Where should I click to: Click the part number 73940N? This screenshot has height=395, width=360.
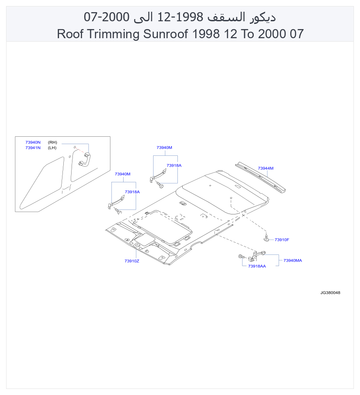tap(33, 142)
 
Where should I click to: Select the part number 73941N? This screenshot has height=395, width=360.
tap(33, 148)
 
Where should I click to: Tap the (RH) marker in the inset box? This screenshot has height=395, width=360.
tap(52, 142)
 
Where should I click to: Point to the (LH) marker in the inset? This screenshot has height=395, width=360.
tap(52, 148)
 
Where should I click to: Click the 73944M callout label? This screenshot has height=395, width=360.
tap(265, 168)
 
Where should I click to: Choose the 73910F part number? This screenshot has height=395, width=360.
tap(281, 240)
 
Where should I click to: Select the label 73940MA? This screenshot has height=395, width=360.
tap(292, 260)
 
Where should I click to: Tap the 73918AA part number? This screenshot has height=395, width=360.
tap(257, 266)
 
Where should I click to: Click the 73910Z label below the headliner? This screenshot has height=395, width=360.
tap(132, 261)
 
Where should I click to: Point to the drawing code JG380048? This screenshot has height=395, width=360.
tap(330, 293)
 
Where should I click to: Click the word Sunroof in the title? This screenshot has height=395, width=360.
tap(165, 34)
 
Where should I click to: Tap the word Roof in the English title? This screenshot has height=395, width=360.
tap(70, 34)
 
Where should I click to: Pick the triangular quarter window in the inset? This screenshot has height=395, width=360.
tap(42, 183)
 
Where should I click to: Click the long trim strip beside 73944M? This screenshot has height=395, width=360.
tap(260, 178)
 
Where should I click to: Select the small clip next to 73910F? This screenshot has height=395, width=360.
tap(266, 237)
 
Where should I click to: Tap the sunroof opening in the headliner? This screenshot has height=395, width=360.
tap(162, 226)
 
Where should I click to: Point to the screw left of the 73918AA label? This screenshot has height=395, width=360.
tap(241, 257)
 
